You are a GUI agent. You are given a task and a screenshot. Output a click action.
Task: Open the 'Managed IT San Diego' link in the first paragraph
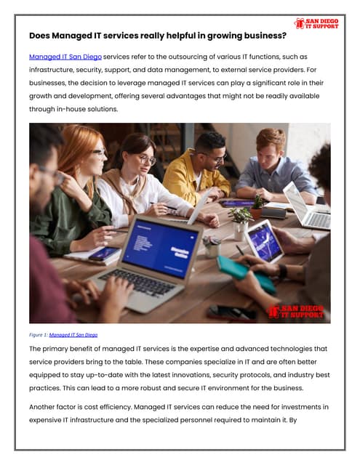pyautogui.click(x=65, y=56)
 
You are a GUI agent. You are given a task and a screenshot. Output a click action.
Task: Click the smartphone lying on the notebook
pyautogui.click(x=104, y=254)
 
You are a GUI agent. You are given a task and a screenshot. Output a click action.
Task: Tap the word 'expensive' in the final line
pyautogui.click(x=49, y=421)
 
